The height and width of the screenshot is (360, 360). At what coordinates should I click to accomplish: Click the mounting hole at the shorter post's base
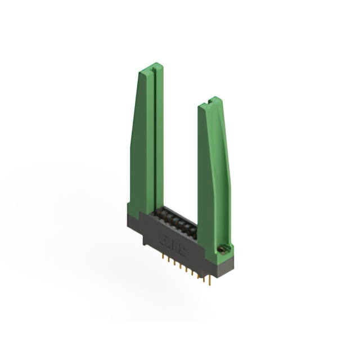[x=222, y=249]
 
